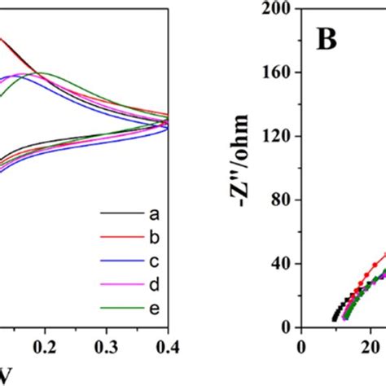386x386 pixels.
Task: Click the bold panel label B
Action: (x=327, y=41)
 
